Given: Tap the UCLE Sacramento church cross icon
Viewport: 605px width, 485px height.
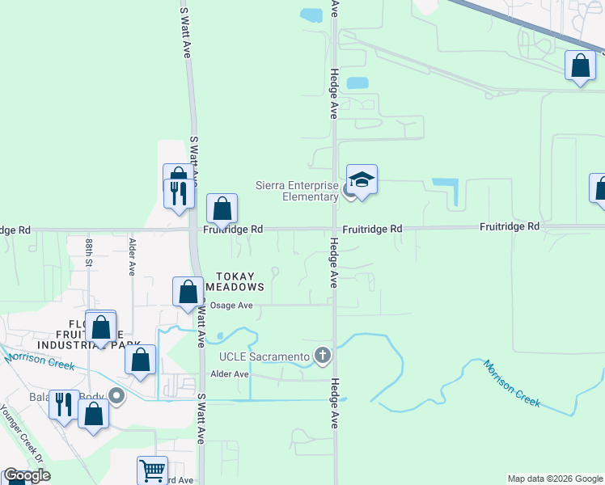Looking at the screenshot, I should click(x=323, y=355).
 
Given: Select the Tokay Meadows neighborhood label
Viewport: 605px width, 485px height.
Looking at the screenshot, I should click(x=235, y=281).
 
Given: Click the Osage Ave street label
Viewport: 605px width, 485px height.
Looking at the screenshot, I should click(x=231, y=306).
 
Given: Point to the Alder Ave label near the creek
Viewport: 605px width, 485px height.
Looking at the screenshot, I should click(x=229, y=374).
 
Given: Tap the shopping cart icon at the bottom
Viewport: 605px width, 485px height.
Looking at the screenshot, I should click(x=152, y=470).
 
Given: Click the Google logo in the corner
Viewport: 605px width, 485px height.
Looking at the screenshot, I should click(x=27, y=475).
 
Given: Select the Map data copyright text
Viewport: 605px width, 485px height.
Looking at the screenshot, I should click(x=555, y=479).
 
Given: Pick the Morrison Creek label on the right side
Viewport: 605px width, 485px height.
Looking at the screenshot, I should click(x=512, y=383).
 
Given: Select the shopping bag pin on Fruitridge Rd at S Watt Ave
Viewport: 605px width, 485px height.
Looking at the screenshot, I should click(x=222, y=209).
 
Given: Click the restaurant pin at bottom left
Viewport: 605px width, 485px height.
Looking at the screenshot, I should click(x=63, y=403).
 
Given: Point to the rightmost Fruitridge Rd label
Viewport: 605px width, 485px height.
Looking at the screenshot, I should click(x=509, y=227).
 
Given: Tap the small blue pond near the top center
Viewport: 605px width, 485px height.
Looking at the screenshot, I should click(x=311, y=15).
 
